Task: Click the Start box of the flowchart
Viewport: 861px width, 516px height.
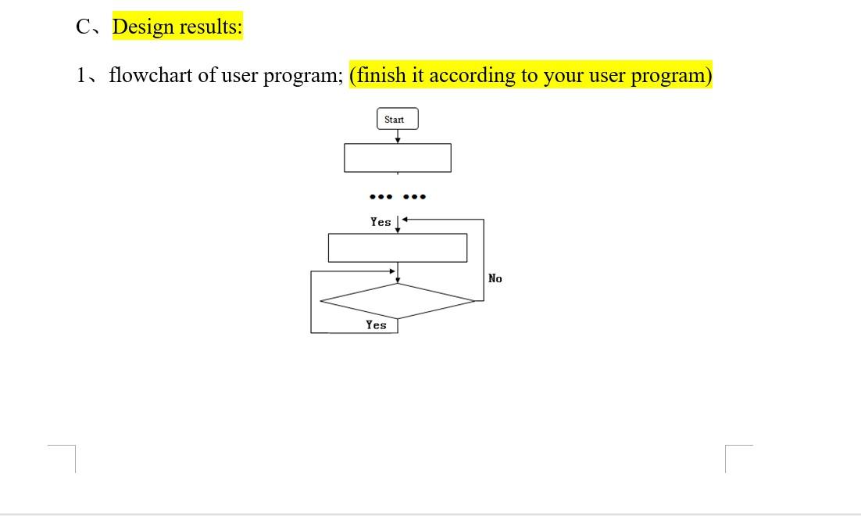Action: [397, 119]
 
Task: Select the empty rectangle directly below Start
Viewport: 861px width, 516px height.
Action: [397, 157]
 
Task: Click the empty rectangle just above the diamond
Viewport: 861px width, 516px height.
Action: [397, 247]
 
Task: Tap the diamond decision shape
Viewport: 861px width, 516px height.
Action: [397, 301]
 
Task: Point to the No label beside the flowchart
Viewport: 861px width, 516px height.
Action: [495, 278]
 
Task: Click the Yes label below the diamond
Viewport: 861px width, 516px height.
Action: [376, 324]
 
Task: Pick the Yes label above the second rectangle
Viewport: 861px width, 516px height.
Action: [380, 222]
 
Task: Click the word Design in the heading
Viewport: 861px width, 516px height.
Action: [143, 27]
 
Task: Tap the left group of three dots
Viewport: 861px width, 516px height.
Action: [380, 196]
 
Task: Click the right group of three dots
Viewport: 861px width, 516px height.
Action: [414, 196]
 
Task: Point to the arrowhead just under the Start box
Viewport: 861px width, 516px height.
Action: [398, 140]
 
